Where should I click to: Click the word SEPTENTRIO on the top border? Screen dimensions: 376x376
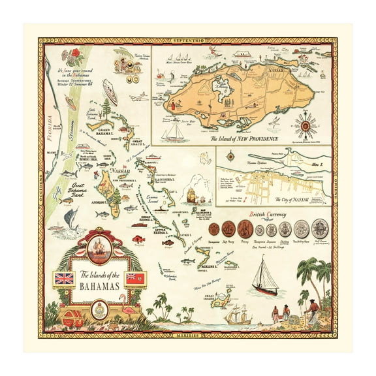[x=187, y=41]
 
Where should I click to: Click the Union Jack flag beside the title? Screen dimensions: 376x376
[x=64, y=279]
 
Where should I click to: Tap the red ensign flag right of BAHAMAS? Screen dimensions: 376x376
[x=136, y=279]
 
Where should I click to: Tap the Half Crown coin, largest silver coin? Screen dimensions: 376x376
[x=319, y=228]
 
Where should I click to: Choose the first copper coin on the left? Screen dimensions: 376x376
[x=214, y=229]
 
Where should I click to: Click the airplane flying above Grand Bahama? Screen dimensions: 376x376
[x=138, y=97]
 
